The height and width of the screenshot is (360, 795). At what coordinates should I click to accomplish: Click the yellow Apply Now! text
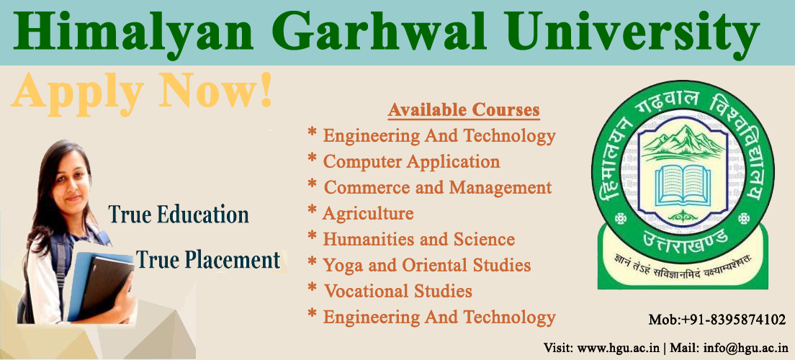coord(142,92)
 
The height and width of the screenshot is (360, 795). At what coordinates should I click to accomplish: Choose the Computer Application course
coord(411,162)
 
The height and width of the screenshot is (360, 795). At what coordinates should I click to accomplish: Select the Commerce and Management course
coord(438,188)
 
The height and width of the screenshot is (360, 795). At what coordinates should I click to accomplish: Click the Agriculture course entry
coord(368,214)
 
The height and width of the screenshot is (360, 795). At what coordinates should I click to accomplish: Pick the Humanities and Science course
coord(419,239)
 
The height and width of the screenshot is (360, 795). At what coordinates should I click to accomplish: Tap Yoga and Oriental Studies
coord(427,265)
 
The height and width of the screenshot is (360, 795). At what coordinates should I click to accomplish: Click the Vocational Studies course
coord(398,292)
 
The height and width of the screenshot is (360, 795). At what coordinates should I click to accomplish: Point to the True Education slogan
coord(179,215)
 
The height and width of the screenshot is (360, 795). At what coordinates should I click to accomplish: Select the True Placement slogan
coord(208,260)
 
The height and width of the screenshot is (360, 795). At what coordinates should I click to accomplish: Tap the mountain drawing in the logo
coord(682,140)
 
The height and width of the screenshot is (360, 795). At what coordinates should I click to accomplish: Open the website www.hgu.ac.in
coord(619,348)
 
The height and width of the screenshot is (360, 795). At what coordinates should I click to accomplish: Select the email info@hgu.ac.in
coord(745,348)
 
